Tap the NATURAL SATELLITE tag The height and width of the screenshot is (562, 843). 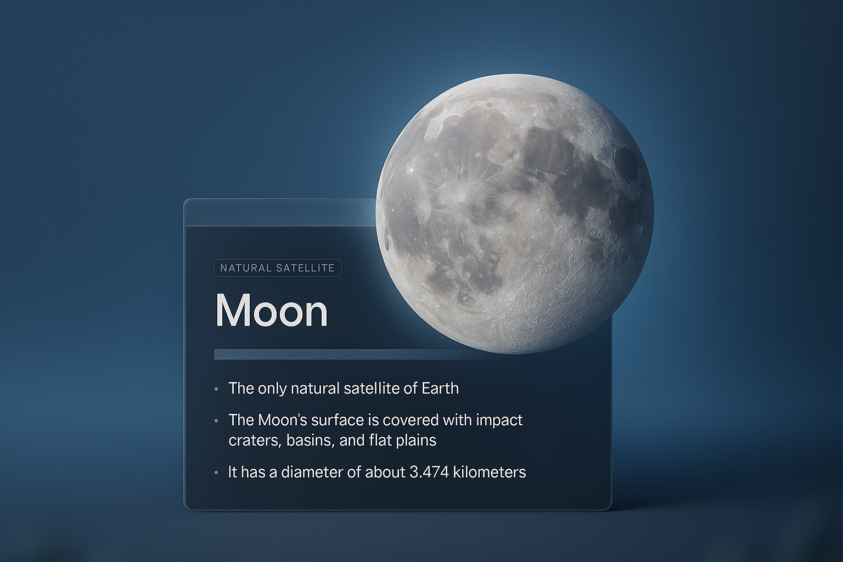(x=278, y=268)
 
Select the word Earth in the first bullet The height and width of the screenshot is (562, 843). (x=440, y=388)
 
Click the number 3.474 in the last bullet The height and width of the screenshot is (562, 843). (x=429, y=472)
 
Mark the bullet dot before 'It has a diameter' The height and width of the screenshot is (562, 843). (x=216, y=473)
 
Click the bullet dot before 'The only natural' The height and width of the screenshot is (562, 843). (x=216, y=389)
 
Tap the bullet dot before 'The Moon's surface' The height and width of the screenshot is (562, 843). (x=216, y=421)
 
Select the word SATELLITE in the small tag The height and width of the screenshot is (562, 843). (x=305, y=268)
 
